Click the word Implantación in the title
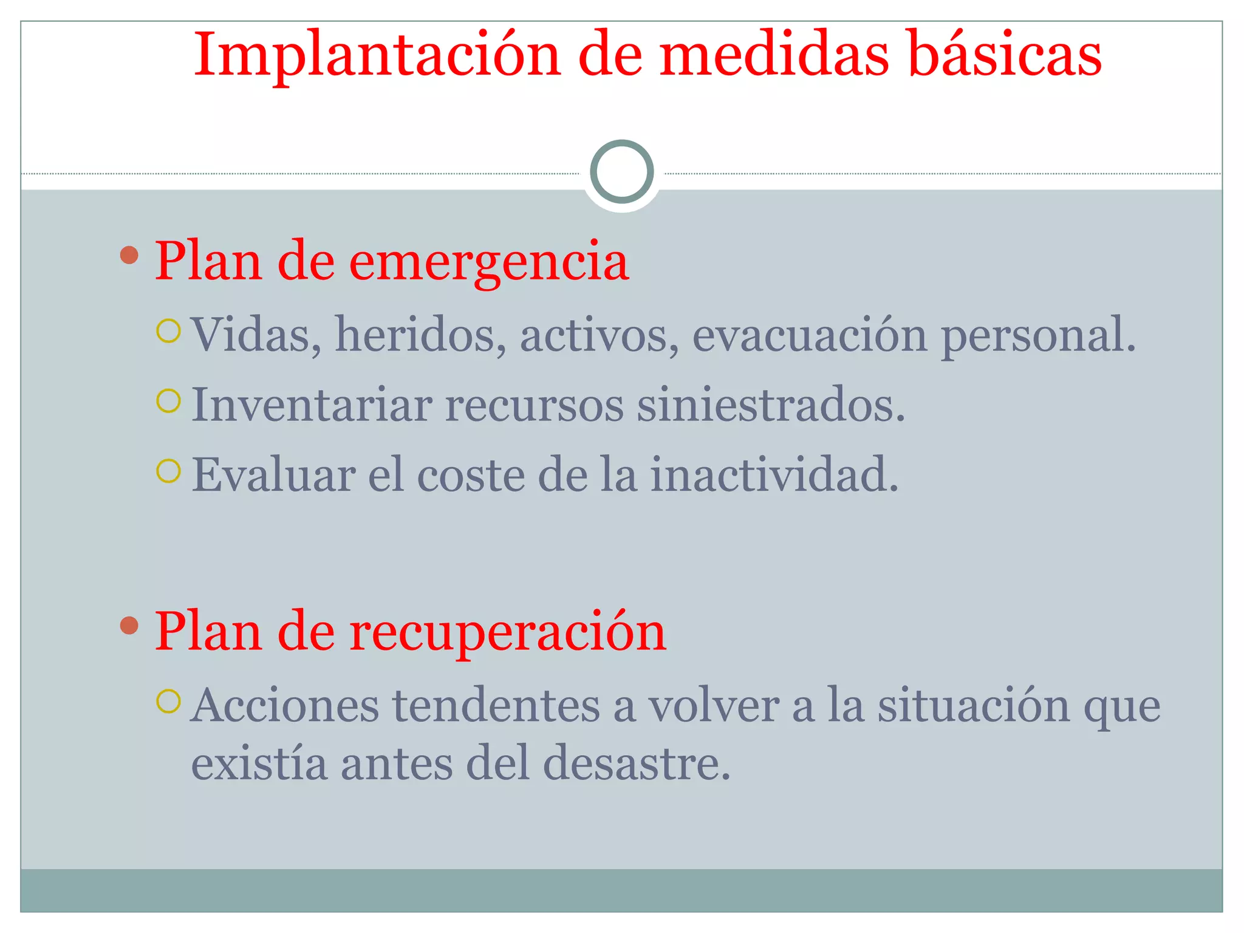point(377,56)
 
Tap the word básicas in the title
point(1005,56)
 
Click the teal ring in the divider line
point(621,172)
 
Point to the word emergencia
point(489,261)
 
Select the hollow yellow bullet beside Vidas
point(168,332)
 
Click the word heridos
point(420,335)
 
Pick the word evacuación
point(809,335)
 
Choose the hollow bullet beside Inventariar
point(168,401)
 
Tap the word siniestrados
point(770,405)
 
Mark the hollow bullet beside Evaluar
point(168,471)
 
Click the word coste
point(471,475)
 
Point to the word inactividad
point(774,475)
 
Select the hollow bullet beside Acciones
point(168,702)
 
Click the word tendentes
point(496,706)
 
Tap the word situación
point(973,706)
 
